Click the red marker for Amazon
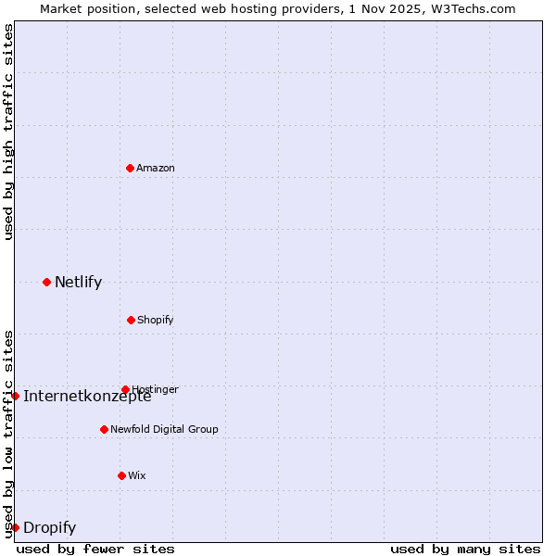pyautogui.click(x=130, y=168)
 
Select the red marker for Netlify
pyautogui.click(x=46, y=282)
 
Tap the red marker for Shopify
pyautogui.click(x=131, y=320)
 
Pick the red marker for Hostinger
pyautogui.click(x=125, y=389)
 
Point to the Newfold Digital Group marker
pyautogui.click(x=104, y=429)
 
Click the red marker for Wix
pyautogui.click(x=121, y=475)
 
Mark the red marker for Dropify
pyautogui.click(x=15, y=527)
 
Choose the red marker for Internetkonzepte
pyautogui.click(x=15, y=396)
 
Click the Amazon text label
pyautogui.click(x=156, y=168)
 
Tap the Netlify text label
pyautogui.click(x=78, y=282)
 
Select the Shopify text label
pyautogui.click(x=156, y=320)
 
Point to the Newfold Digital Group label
pyautogui.click(x=164, y=429)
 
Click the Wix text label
pyautogui.click(x=137, y=475)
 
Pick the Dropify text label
pyautogui.click(x=49, y=528)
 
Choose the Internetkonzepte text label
pyautogui.click(x=87, y=397)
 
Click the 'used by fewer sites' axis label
pyautogui.click(x=95, y=549)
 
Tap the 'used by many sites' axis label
pyautogui.click(x=465, y=549)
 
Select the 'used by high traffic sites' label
pyautogui.click(x=9, y=132)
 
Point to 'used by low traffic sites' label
pyautogui.click(x=9, y=434)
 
